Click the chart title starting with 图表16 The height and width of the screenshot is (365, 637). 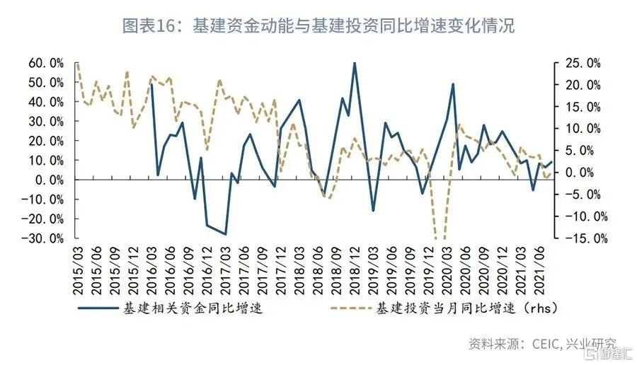click(318, 26)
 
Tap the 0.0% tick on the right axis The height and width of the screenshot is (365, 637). click(585, 172)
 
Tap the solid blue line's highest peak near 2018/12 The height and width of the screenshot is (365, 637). click(354, 63)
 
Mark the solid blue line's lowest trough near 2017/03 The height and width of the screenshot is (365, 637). click(225, 234)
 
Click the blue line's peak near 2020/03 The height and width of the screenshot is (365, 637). click(452, 84)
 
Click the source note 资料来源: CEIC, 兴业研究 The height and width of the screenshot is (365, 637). click(541, 344)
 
